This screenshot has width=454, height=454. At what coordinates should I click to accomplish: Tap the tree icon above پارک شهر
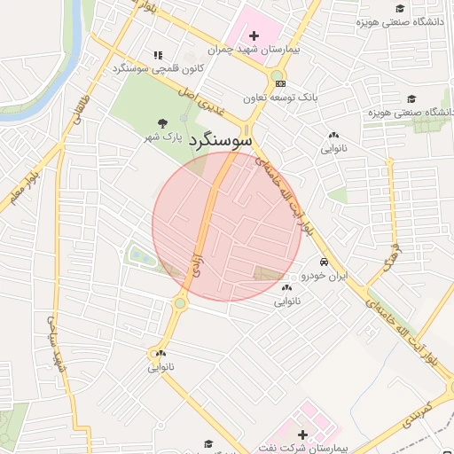click(x=160, y=124)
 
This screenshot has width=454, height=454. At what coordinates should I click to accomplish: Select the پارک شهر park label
click(x=164, y=138)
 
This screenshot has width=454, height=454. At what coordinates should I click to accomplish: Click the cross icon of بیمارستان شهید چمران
click(x=254, y=35)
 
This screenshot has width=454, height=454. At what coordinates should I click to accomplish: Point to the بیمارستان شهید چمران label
click(x=261, y=50)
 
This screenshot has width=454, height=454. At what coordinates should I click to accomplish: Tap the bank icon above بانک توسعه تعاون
click(x=280, y=82)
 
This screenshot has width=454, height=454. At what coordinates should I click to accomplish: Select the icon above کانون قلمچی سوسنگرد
click(x=158, y=54)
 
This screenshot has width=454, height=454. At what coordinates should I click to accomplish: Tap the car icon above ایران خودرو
click(x=325, y=262)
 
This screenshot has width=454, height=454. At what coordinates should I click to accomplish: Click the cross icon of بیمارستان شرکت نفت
click(x=303, y=434)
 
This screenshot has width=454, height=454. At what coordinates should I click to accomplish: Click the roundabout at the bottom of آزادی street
click(x=181, y=304)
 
